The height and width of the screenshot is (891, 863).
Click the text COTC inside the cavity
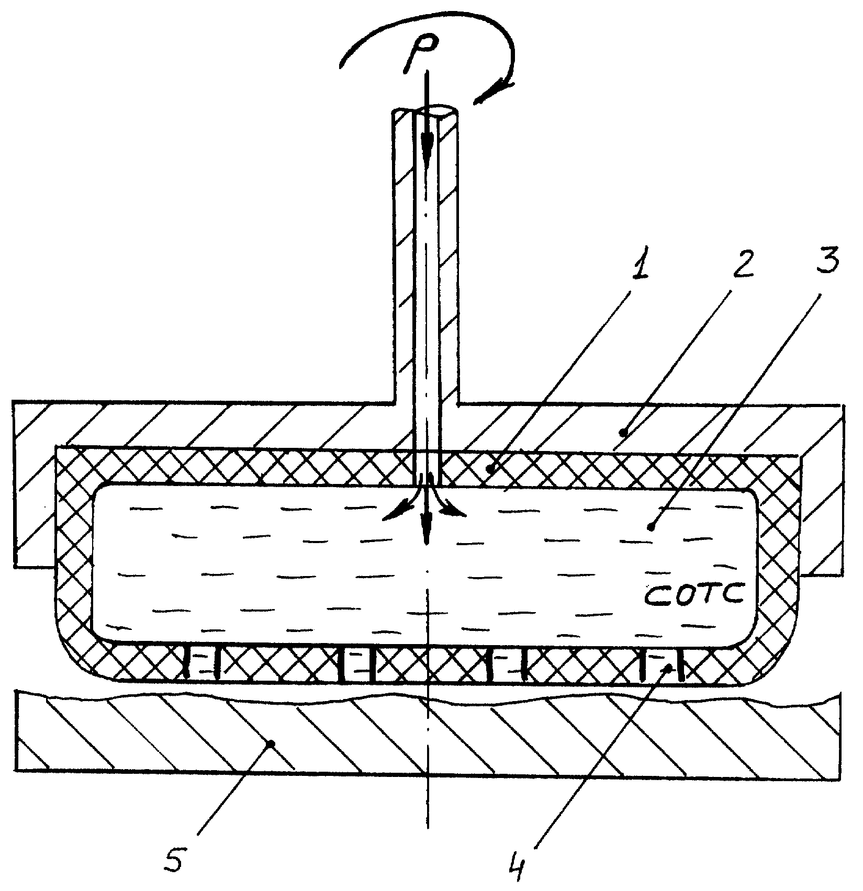pos(693,596)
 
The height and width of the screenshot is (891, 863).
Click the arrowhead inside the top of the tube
pos(427,146)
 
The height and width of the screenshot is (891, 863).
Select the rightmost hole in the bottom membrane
pos(662,666)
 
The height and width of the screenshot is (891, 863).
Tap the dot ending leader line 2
pos(623,432)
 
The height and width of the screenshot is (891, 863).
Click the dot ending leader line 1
pos(490,469)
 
